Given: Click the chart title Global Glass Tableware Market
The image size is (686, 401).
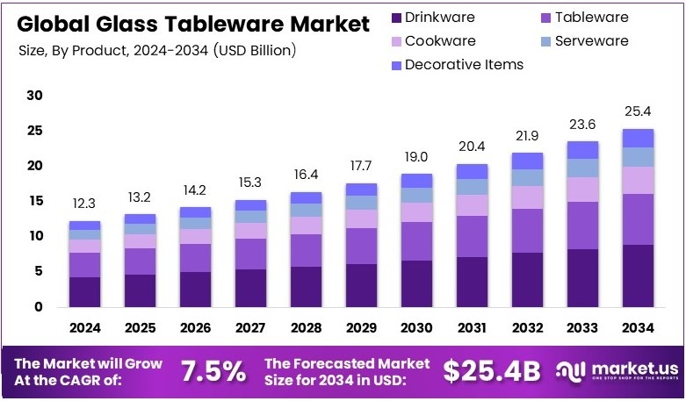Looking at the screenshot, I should tap(193, 24).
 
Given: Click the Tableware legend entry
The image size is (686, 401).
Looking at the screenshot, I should tap(580, 18).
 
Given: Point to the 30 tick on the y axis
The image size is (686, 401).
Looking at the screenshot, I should tap(35, 96).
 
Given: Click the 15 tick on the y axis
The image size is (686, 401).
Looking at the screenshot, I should tap(35, 201).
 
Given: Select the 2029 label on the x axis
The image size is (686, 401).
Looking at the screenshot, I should tap(361, 328).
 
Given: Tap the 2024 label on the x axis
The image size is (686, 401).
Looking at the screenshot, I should tap(85, 328).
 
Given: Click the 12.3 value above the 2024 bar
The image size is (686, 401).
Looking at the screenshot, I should tap(85, 204).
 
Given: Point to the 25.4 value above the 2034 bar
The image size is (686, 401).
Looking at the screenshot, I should tap(638, 111).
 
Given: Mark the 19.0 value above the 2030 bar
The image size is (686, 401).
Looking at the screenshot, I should tap(416, 156).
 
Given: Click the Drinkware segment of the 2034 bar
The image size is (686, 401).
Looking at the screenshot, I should tap(638, 276).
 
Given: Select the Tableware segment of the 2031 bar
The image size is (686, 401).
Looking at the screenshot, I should tap(472, 236).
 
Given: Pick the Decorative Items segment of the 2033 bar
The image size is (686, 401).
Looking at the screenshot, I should tap(582, 149).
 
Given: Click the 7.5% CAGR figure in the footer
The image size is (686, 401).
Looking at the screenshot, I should tap(213, 371).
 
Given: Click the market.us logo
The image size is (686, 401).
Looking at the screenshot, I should tap(617, 371).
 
